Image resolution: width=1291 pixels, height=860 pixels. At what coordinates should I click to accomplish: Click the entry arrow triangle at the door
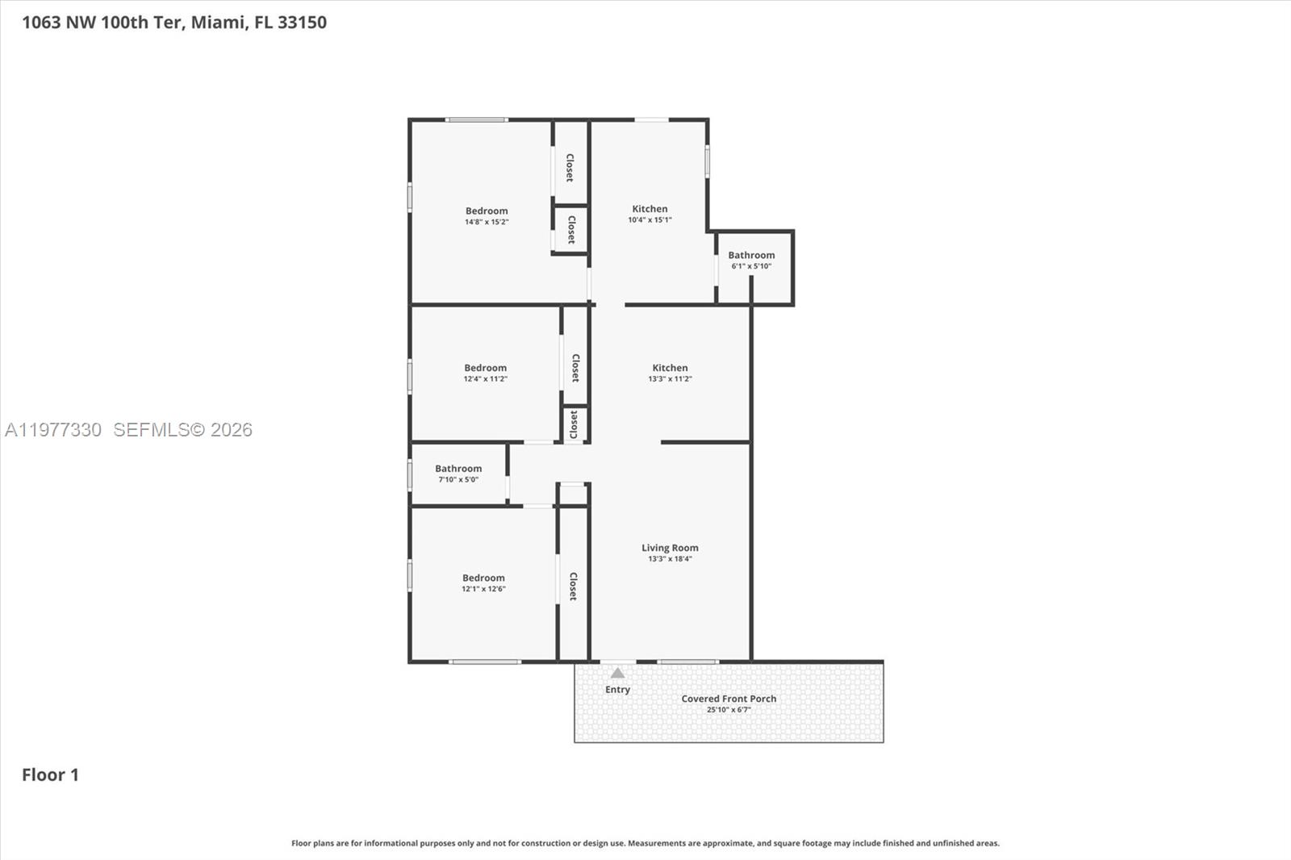click(617, 673)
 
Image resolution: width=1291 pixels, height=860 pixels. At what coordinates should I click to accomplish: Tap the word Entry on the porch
click(617, 690)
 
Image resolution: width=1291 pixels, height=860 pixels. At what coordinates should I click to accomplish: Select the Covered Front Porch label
click(729, 699)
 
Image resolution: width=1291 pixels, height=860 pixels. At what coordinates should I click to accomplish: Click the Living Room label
click(670, 548)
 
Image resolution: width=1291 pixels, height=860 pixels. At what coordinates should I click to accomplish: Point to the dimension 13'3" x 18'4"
click(670, 559)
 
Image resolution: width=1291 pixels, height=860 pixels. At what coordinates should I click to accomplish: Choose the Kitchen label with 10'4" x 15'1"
click(650, 209)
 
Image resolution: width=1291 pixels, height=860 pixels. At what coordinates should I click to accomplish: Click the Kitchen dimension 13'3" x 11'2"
click(670, 379)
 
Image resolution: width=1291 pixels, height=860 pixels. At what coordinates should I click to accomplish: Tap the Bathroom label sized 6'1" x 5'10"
click(751, 255)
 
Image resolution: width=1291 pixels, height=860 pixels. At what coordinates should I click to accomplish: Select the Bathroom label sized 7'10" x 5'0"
click(458, 469)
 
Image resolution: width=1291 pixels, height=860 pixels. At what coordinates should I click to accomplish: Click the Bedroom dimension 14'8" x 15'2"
click(487, 222)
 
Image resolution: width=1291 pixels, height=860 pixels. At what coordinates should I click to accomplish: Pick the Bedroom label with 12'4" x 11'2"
click(485, 368)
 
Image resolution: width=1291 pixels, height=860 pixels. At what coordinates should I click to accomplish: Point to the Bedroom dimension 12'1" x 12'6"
click(483, 589)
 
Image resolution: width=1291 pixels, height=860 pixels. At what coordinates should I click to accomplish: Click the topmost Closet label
click(570, 168)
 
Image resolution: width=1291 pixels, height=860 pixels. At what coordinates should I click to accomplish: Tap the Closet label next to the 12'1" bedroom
click(573, 587)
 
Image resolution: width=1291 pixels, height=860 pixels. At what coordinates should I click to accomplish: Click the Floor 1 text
click(50, 774)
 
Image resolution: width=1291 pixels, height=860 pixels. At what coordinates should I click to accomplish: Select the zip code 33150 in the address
click(302, 23)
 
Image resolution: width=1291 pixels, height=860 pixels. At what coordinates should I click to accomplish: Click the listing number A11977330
click(53, 430)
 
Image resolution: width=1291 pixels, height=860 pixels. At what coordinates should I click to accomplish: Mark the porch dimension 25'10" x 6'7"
click(729, 710)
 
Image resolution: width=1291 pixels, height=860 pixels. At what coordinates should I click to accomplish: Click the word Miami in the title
click(218, 23)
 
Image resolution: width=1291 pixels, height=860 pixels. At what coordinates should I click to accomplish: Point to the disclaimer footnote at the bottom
click(645, 843)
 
